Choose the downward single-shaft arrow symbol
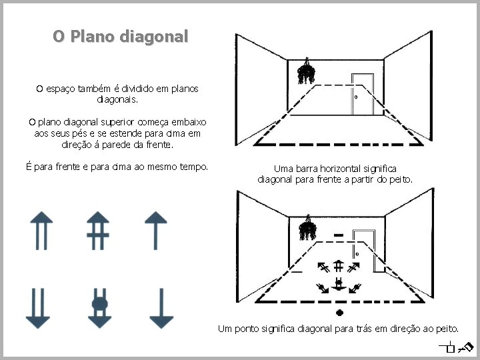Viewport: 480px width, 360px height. (161, 308)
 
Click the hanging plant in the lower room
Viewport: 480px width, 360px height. (307, 228)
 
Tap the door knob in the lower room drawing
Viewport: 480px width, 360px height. (357, 253)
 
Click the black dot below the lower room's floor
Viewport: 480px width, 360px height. (339, 312)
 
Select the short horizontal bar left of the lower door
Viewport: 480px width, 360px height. (339, 235)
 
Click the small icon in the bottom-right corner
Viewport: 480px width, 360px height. (457, 346)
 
